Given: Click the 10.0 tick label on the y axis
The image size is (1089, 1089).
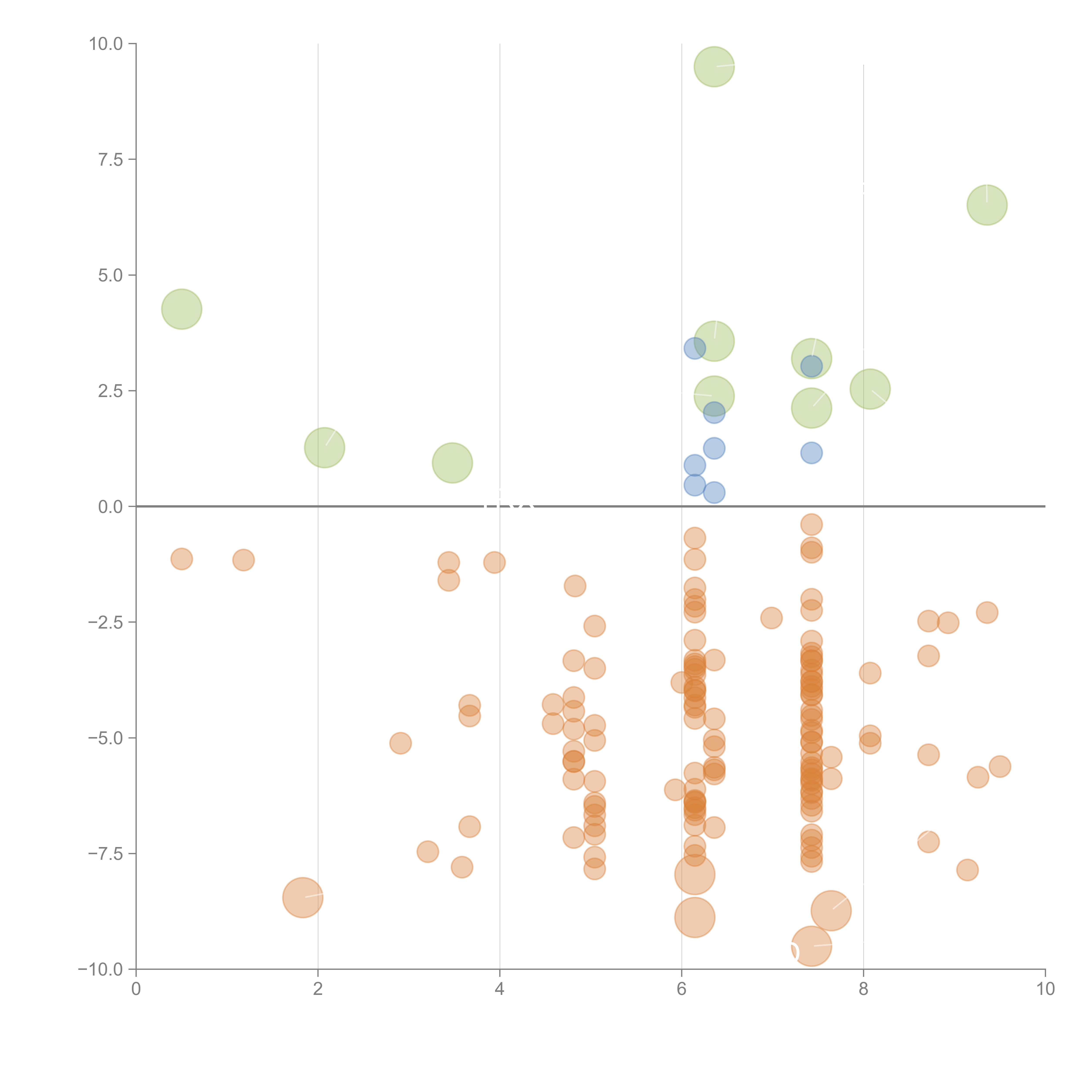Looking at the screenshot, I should point(106,44).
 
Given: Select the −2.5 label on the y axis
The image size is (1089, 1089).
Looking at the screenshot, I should point(105,622).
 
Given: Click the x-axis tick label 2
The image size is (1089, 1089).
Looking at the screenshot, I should point(318,989).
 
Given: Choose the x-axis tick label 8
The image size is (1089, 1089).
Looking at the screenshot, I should point(864,989).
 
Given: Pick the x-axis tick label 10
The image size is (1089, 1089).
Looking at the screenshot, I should point(1045,989).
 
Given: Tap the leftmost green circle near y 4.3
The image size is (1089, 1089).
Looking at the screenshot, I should point(181,309).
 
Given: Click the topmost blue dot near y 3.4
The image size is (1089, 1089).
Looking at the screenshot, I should point(694,348).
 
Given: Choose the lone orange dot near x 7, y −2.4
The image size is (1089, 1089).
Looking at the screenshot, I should point(771,618).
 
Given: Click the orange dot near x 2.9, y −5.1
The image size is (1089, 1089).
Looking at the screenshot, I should point(400,743).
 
